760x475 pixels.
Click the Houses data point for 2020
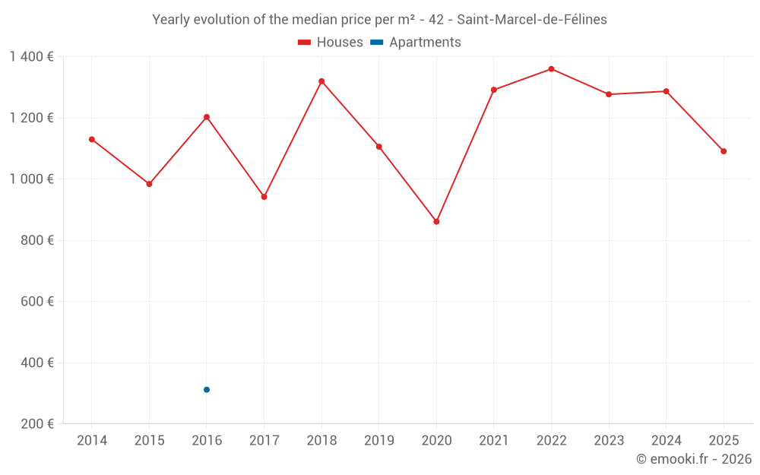point(436,222)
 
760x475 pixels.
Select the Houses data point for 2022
point(551,69)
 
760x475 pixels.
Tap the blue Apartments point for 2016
point(207,390)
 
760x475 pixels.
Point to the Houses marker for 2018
point(321,81)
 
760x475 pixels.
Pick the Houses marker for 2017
point(264,197)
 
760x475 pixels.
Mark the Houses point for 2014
point(92,140)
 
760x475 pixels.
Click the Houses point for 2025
point(724,151)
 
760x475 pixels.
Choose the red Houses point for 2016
point(207,117)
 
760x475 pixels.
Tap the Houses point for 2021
point(494,90)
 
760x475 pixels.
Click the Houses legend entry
point(331,43)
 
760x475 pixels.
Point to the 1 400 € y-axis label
point(31,57)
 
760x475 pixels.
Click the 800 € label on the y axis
point(37,240)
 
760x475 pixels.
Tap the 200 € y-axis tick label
point(37,424)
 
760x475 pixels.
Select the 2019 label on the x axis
point(378,441)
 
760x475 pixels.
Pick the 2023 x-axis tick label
point(609,441)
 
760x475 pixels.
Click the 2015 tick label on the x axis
point(149,441)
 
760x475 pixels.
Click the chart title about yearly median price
point(379,20)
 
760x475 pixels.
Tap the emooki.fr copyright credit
point(693,459)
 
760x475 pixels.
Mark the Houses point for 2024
point(666,92)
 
